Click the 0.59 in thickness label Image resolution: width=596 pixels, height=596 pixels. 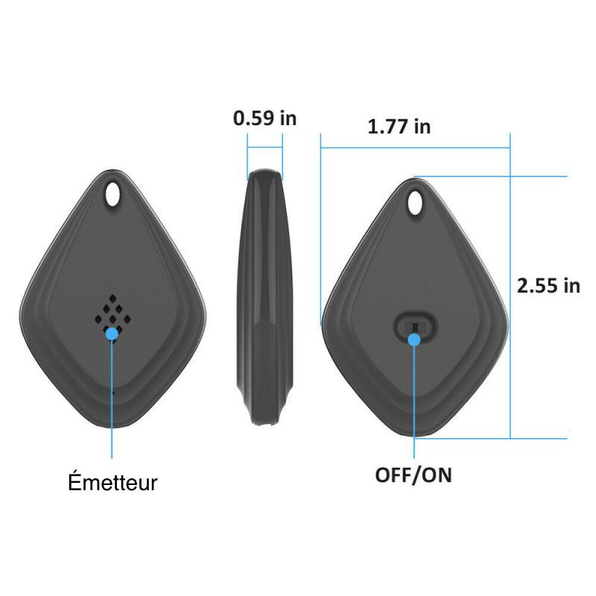pos(264,118)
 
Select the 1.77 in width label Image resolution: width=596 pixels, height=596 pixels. pos(399,127)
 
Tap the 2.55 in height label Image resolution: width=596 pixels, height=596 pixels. pos(548,286)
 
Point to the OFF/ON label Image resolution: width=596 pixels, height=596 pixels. pos(413,475)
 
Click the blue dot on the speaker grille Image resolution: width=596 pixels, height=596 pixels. pos(112,333)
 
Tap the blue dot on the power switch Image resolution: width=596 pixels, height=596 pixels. pos(414,340)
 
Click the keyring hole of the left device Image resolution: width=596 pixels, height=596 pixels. pos(112,194)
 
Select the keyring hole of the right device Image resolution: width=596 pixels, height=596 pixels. pos(416,202)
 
